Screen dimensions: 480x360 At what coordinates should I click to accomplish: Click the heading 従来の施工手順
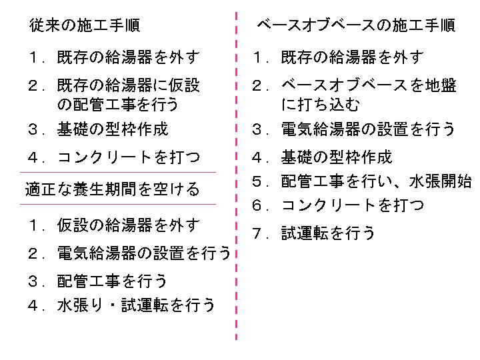(x=85, y=25)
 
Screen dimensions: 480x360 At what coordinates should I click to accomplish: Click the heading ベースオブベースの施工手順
(x=356, y=25)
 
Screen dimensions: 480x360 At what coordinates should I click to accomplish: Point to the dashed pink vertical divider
(x=236, y=176)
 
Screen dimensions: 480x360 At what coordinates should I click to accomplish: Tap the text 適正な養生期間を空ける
(x=113, y=189)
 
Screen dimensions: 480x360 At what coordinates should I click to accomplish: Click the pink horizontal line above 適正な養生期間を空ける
(x=118, y=173)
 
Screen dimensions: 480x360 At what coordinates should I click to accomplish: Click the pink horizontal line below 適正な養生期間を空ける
(x=118, y=204)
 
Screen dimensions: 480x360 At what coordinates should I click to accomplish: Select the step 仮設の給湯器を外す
(x=129, y=225)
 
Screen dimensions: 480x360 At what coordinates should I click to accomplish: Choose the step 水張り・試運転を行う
(x=136, y=305)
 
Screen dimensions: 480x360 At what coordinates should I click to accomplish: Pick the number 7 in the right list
(x=257, y=233)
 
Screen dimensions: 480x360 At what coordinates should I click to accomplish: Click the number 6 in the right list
(x=257, y=205)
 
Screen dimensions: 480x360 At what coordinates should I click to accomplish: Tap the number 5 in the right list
(x=257, y=181)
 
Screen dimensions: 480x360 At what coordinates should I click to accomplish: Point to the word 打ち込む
(x=329, y=105)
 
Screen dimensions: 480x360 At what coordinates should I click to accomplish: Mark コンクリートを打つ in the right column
(x=353, y=205)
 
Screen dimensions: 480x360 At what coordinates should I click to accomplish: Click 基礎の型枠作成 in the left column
(x=113, y=129)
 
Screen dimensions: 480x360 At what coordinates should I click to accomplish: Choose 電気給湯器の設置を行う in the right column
(x=368, y=129)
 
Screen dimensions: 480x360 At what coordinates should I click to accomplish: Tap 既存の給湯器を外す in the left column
(x=129, y=57)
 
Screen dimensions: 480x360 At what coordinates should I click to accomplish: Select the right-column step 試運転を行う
(x=328, y=233)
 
